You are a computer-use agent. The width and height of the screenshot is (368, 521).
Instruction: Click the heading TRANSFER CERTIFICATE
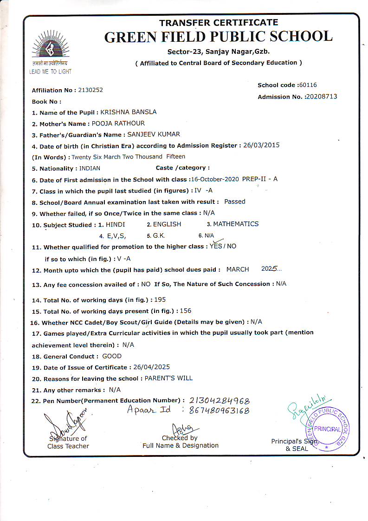pyautogui.click(x=219, y=23)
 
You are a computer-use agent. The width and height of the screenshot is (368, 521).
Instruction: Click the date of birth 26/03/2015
pyautogui.click(x=262, y=145)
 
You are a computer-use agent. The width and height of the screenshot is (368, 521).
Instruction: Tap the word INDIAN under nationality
pyautogui.click(x=90, y=168)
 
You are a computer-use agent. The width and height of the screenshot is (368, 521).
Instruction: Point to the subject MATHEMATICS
pyautogui.click(x=236, y=224)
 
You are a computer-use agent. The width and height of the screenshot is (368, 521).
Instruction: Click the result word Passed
pyautogui.click(x=234, y=202)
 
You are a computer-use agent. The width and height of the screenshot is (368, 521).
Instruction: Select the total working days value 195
pyautogui.click(x=161, y=300)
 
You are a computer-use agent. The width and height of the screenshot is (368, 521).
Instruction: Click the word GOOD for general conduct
pyautogui.click(x=112, y=356)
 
